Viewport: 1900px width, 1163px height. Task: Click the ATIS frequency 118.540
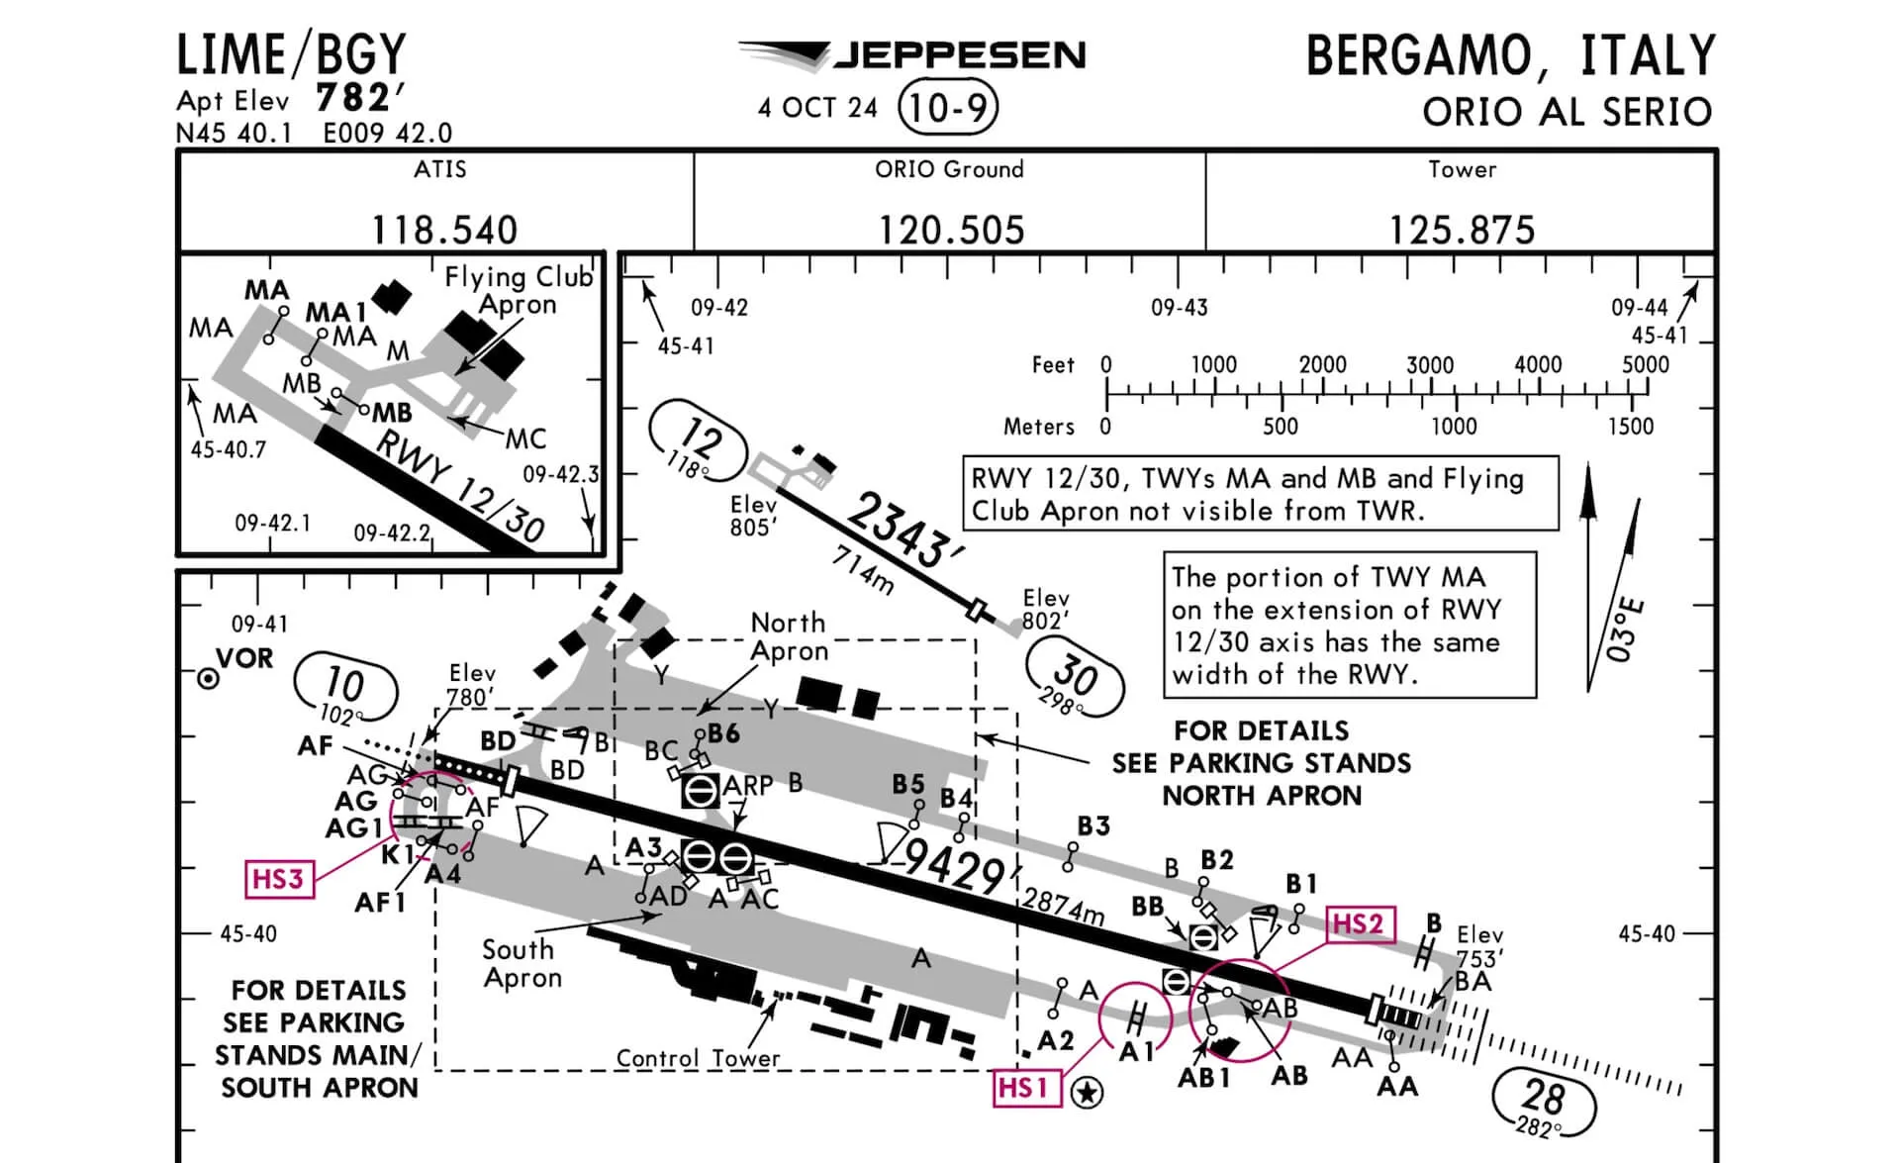pos(444,230)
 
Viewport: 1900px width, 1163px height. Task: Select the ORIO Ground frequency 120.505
pos(951,230)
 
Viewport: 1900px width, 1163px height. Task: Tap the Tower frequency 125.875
pos(1462,230)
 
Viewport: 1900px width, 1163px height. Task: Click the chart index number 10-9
pos(947,107)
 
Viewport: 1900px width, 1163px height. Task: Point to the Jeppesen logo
pos(911,55)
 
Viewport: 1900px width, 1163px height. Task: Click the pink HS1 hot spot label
pos(1024,1088)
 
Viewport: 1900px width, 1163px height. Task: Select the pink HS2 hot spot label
pos(1359,923)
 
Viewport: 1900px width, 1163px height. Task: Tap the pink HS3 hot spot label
pos(278,879)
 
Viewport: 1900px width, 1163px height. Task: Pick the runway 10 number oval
pos(345,687)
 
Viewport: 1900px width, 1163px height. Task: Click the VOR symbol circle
pos(208,679)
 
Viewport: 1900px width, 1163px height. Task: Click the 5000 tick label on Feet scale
pos(1645,364)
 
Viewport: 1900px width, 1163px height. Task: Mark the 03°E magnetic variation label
pos(1624,630)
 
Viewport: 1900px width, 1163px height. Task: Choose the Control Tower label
pos(698,1058)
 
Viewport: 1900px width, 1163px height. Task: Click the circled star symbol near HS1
pos(1088,1093)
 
